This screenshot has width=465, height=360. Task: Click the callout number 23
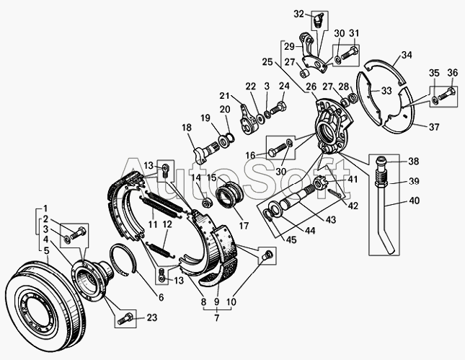(x=152, y=318)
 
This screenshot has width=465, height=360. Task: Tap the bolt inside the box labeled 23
(x=125, y=319)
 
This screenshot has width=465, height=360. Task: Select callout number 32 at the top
(x=299, y=14)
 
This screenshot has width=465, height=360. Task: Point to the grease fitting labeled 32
(x=318, y=20)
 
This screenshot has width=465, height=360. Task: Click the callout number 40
(x=415, y=201)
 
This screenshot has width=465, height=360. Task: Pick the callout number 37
(x=434, y=127)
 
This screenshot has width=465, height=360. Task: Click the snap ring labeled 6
(x=123, y=258)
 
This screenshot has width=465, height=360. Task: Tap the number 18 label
(x=187, y=128)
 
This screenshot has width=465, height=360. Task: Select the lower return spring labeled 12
(x=160, y=249)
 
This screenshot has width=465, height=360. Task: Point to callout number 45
(x=291, y=240)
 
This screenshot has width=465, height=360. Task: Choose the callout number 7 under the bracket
(x=217, y=318)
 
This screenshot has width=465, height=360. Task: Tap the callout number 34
(x=407, y=56)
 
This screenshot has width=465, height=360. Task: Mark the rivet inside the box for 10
(x=267, y=255)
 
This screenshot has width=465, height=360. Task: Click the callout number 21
(x=224, y=96)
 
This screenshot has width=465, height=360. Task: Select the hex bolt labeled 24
(x=278, y=107)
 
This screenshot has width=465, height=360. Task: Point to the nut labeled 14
(x=205, y=203)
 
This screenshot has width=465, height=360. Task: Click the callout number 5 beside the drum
(x=47, y=251)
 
